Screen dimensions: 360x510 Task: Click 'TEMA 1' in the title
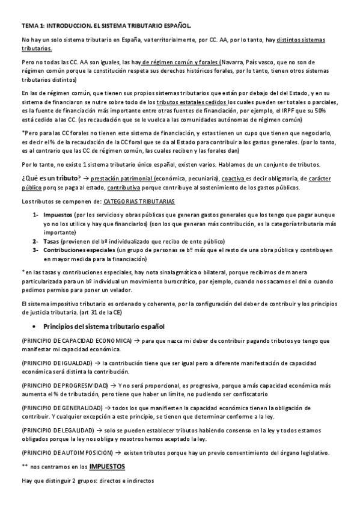point(32,26)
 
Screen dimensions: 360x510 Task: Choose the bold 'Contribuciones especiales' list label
point(79,249)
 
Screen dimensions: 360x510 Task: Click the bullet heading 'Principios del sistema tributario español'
point(104,326)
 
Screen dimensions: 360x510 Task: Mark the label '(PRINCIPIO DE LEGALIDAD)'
point(58,431)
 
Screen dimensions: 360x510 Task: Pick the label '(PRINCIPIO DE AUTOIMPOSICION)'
point(66,452)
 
